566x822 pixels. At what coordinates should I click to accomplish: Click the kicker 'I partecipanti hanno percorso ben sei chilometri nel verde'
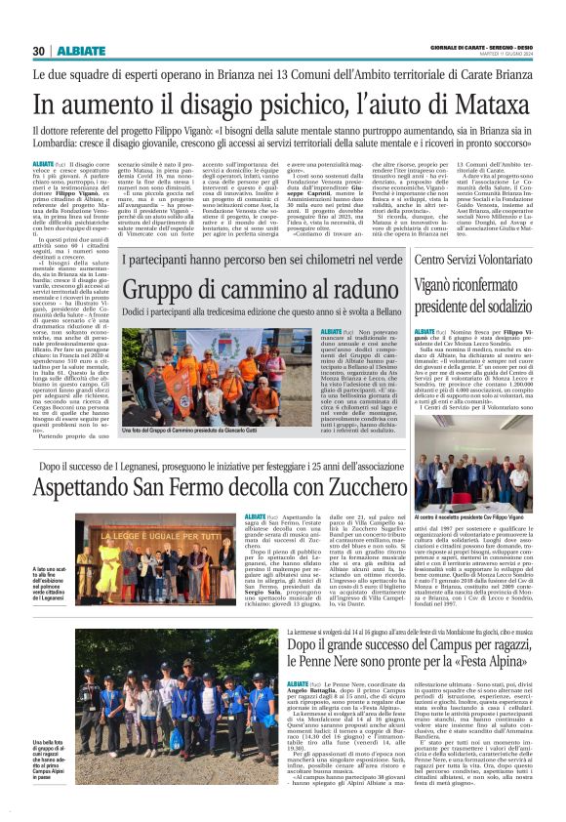click(262, 262)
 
